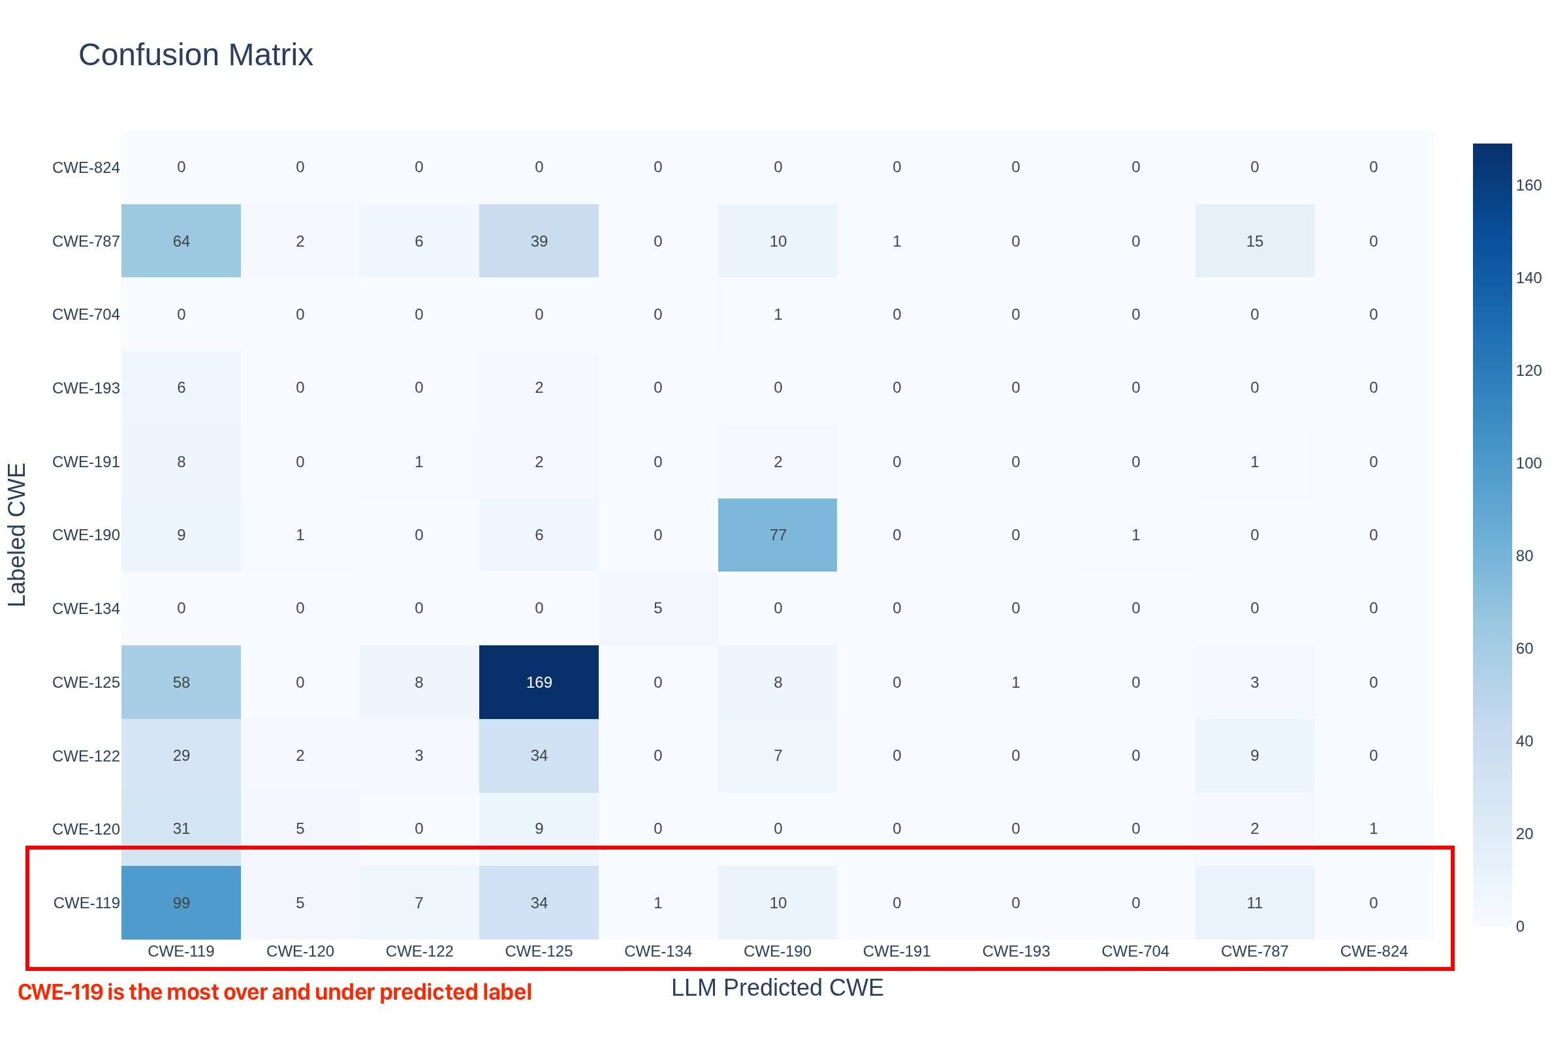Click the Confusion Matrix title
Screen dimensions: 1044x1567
196,55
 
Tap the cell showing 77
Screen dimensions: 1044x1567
778,534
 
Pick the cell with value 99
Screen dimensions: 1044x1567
182,903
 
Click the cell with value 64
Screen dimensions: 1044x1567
182,241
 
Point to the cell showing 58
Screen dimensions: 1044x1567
182,682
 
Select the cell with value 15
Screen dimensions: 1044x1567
1254,241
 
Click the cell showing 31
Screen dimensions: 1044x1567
182,828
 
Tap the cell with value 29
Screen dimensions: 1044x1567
182,755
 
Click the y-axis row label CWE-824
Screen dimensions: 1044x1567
86,168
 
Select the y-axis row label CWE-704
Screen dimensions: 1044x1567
86,315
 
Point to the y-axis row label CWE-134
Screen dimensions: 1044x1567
86,609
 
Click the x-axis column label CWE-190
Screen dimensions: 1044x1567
778,951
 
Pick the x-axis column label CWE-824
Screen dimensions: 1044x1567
1374,951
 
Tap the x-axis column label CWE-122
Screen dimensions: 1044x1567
420,951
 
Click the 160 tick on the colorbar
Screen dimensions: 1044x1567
1528,185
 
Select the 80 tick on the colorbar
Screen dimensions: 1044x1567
1525,555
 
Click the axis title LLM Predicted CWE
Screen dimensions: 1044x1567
777,987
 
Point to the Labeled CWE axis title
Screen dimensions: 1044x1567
17,534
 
